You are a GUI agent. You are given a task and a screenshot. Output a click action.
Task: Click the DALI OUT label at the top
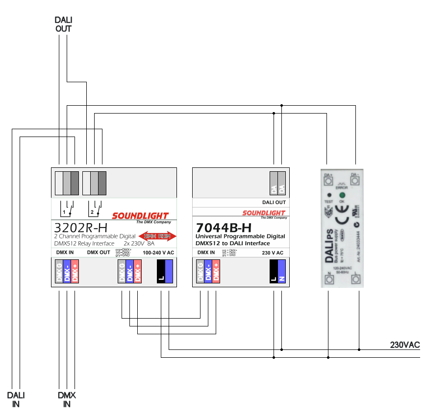pos(64,24)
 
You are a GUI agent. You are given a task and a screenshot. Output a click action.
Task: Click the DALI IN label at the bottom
pos(16,399)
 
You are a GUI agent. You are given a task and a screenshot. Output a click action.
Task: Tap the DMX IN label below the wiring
pos(67,399)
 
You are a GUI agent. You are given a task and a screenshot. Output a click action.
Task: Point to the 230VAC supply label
pos(405,345)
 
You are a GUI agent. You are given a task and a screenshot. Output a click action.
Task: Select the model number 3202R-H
pos(79,229)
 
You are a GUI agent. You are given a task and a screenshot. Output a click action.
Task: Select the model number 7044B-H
pos(224,228)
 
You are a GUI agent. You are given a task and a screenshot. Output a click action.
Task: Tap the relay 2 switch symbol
pos(95,208)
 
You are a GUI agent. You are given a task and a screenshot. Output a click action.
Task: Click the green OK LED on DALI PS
pos(342,195)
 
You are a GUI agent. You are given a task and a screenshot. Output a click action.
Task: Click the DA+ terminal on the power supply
pos(328,180)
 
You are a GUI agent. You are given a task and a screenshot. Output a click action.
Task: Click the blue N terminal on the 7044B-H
pos(281,272)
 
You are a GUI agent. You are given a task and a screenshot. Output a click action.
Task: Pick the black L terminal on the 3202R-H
pos(161,272)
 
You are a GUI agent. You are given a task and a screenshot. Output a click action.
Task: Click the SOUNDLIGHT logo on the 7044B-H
pos(264,213)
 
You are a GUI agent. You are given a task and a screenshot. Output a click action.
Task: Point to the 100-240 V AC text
pos(158,253)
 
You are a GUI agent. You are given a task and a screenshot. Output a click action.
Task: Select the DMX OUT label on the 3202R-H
pos(99,253)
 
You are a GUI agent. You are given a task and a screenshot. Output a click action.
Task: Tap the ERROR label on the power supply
pos(342,187)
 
